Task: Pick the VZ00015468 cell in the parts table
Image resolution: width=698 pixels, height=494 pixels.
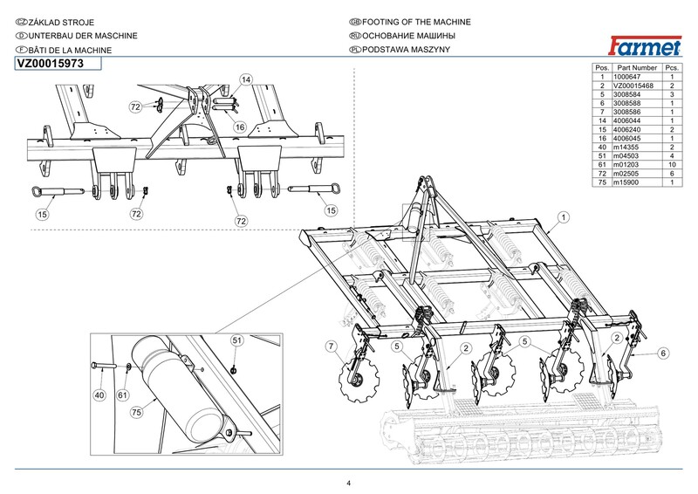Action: click(x=635, y=86)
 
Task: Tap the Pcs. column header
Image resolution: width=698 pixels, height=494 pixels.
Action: click(x=673, y=67)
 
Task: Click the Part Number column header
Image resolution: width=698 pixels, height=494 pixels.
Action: click(x=635, y=67)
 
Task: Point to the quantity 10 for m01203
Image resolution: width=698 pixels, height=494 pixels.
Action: click(x=673, y=164)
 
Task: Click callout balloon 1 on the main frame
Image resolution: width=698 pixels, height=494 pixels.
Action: click(x=564, y=216)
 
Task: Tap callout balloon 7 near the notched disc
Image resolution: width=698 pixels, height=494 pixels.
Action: click(x=331, y=348)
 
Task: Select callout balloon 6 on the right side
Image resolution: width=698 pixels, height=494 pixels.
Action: click(x=663, y=353)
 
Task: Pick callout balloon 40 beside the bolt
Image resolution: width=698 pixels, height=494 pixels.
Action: click(x=99, y=395)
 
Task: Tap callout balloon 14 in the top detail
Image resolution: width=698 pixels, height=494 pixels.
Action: click(x=246, y=79)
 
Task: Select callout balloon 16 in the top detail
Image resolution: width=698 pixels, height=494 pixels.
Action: click(x=238, y=127)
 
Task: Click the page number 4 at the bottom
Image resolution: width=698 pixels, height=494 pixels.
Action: click(x=348, y=484)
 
